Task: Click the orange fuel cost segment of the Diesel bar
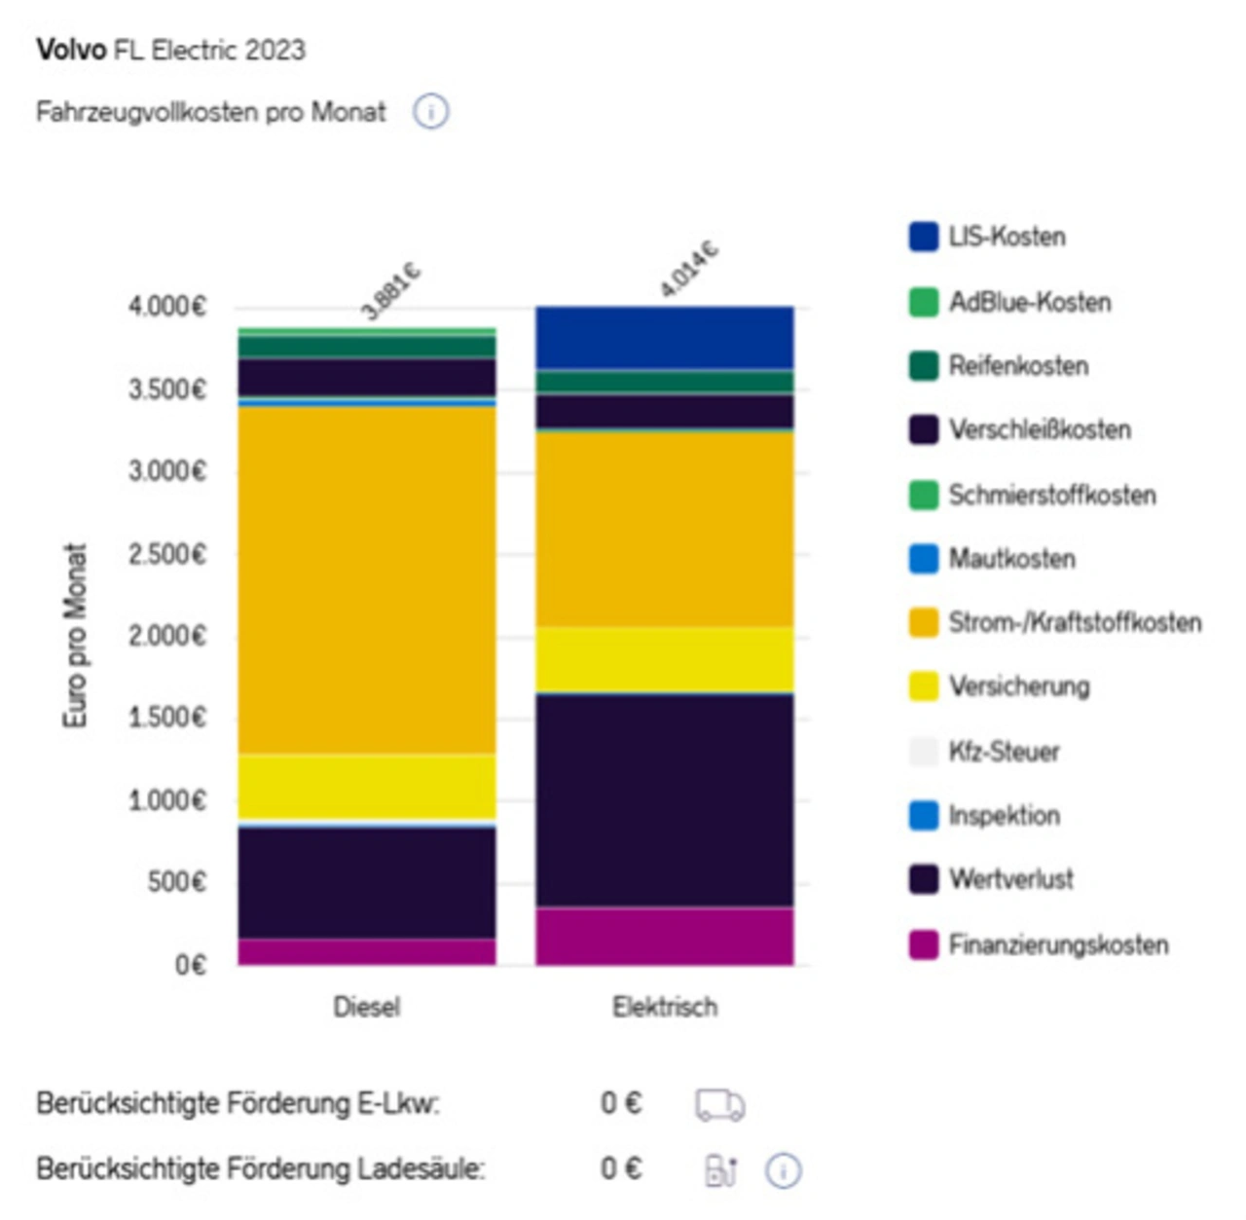click(367, 579)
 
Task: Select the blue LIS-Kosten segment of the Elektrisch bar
click(665, 337)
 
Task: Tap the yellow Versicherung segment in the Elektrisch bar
click(665, 659)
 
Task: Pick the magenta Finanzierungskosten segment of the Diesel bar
click(367, 951)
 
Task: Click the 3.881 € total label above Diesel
click(390, 290)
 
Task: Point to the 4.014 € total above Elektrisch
click(688, 269)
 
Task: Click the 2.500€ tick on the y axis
click(167, 554)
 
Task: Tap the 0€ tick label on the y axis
click(190, 965)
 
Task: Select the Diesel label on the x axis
click(367, 1006)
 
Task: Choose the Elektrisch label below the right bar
click(665, 1006)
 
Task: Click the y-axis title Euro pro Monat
click(75, 635)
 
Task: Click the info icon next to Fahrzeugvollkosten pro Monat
click(430, 112)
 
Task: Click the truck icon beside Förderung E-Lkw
click(719, 1104)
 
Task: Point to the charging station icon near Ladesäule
click(720, 1169)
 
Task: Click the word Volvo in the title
click(71, 50)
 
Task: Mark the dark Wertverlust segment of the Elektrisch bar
click(665, 800)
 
